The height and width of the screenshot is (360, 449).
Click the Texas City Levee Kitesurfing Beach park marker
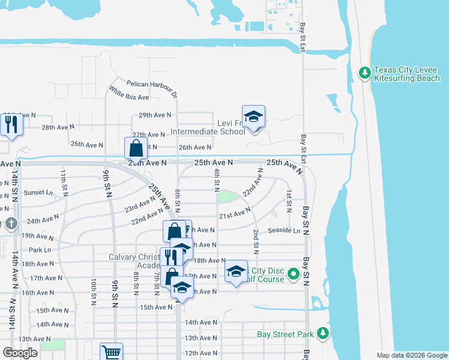(364, 73)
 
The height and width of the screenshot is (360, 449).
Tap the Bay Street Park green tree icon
(324, 333)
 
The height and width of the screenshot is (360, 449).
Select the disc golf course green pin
(294, 275)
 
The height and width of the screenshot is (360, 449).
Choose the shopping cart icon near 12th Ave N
(111, 352)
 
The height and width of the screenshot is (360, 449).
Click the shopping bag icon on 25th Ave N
(136, 148)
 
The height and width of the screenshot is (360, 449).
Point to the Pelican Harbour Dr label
(152, 88)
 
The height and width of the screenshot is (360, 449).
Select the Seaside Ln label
(284, 230)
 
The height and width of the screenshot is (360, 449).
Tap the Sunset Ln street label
(38, 193)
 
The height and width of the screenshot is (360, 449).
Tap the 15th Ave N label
(155, 307)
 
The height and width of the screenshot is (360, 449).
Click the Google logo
(20, 352)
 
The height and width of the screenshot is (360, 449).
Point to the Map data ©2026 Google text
(411, 355)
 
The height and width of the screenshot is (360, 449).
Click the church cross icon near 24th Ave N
(11, 224)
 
